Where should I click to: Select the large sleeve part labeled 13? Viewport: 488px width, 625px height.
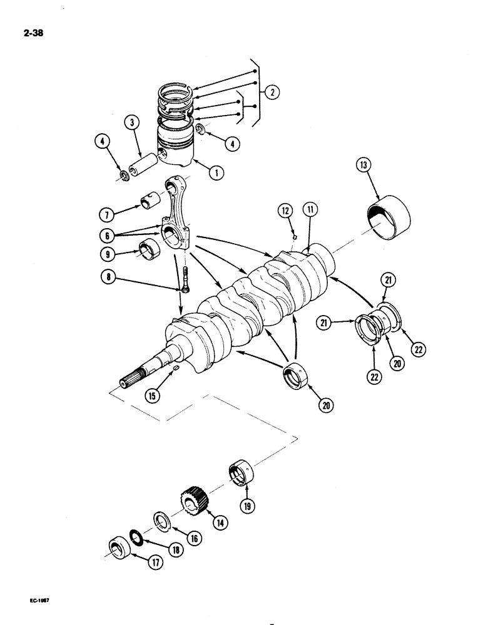[390, 217]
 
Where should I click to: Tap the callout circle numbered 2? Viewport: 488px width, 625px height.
[272, 92]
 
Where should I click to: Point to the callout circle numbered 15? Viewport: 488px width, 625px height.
[151, 395]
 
